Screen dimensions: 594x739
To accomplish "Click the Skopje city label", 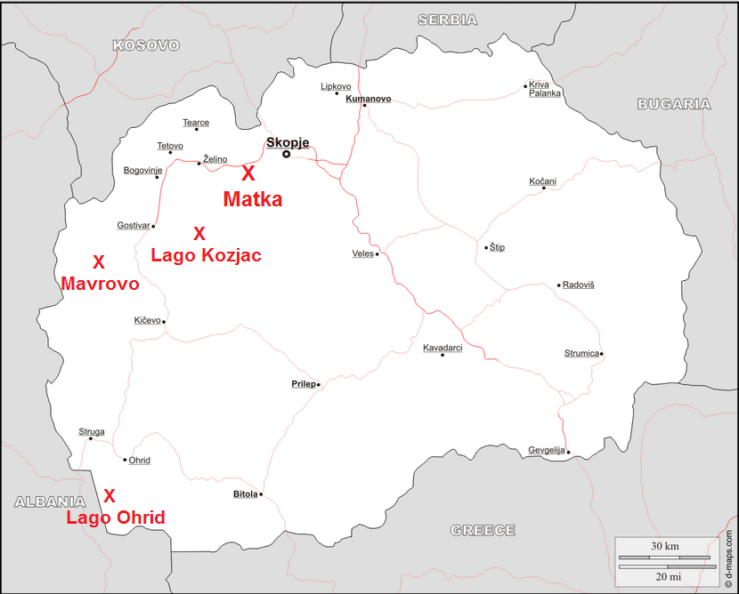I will coord(288,142).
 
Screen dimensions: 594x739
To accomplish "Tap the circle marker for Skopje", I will coord(287,155).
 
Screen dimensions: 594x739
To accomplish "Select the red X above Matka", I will coord(248,174).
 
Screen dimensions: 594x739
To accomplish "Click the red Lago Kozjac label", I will coord(206,255).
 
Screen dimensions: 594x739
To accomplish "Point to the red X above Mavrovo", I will coord(99,262).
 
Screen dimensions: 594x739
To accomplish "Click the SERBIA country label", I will coord(447,20).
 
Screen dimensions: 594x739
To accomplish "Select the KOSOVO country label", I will coord(146,45).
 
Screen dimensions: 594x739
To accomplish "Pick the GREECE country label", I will coord(483,530).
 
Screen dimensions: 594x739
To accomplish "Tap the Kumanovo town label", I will coord(369,99).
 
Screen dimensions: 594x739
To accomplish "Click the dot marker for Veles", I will coord(378,254).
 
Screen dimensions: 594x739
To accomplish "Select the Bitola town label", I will coord(245,494).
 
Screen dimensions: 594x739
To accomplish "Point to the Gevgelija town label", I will coord(546,450).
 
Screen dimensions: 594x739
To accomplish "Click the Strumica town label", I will coord(581,353).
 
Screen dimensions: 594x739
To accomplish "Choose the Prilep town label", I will coord(303,384).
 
